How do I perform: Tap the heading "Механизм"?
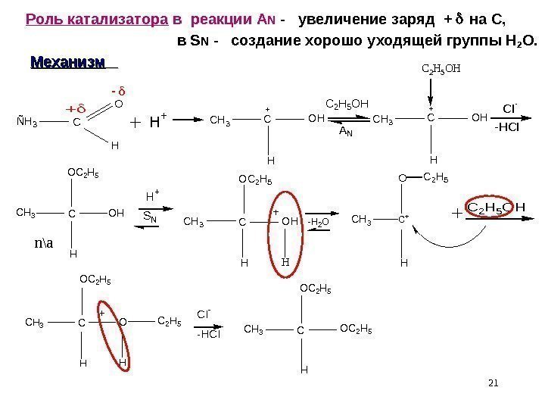pyautogui.click(x=67, y=61)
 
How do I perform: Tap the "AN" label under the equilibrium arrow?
pyautogui.click(x=345, y=132)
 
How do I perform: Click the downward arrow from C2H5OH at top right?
pyautogui.click(x=430, y=95)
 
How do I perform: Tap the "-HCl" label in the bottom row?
pyautogui.click(x=209, y=334)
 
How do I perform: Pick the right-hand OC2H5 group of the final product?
pyautogui.click(x=357, y=329)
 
